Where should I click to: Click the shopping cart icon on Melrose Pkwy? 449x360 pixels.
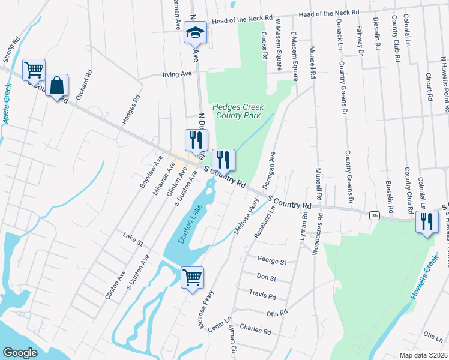(192, 277)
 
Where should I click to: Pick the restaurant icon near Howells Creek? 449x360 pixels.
(426, 222)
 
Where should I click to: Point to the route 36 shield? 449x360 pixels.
(375, 215)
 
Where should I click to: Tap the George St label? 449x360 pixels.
(272, 261)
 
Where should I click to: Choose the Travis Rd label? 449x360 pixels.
(263, 295)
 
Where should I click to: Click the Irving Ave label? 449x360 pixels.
(177, 74)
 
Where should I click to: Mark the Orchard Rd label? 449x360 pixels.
(84, 85)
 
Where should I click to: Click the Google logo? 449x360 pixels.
(20, 352)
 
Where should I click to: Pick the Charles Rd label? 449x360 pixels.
(255, 329)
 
